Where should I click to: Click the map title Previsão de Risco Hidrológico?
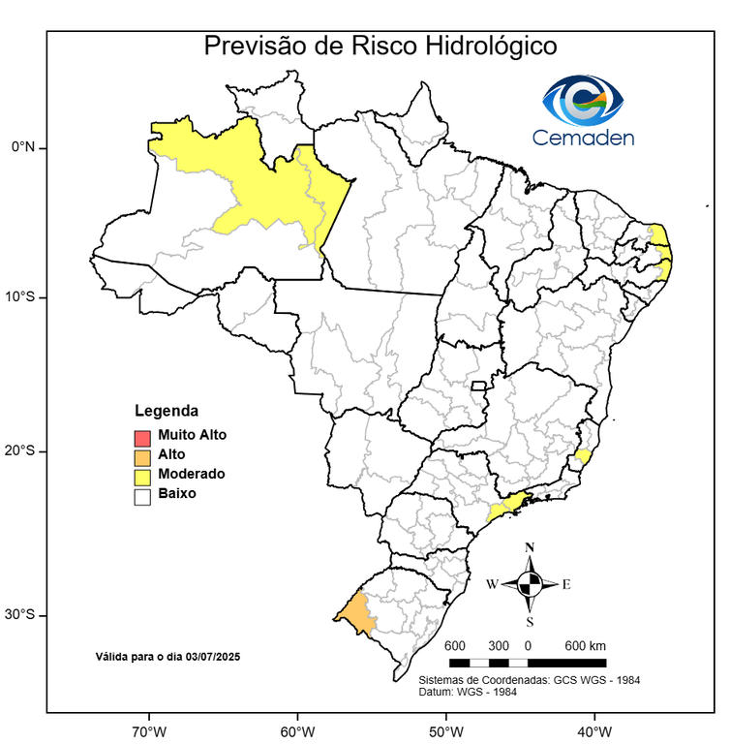tap(380, 46)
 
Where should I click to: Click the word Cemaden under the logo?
tap(583, 138)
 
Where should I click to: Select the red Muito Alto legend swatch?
tap(142, 436)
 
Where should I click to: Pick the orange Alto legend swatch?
tap(142, 455)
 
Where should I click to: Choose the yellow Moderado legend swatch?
tap(142, 475)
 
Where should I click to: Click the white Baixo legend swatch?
tap(142, 495)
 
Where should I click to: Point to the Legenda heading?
tap(166, 411)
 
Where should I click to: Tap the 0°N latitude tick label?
tap(22, 147)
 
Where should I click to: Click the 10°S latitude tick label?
tap(19, 296)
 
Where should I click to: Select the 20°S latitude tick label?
tap(19, 451)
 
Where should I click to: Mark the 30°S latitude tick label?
tap(19, 615)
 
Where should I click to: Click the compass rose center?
tap(529, 584)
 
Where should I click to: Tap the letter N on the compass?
tap(529, 548)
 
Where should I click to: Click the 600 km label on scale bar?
tap(585, 646)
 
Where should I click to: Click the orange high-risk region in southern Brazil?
tap(355, 612)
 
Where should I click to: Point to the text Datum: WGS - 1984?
tap(467, 691)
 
